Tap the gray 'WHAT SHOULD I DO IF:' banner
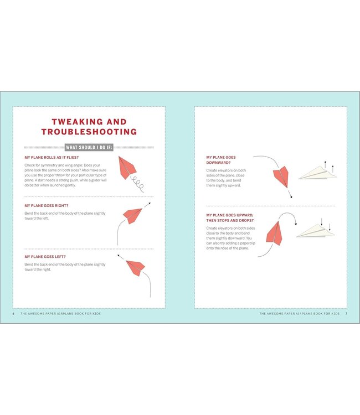coord(89,147)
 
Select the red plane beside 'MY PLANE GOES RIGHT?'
coord(133,215)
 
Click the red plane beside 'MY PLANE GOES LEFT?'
coord(134,267)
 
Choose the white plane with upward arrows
coord(317,173)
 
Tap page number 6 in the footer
coord(14,314)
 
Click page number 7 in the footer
coord(346,314)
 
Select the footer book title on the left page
coord(61,314)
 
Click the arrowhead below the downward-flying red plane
coord(290,198)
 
